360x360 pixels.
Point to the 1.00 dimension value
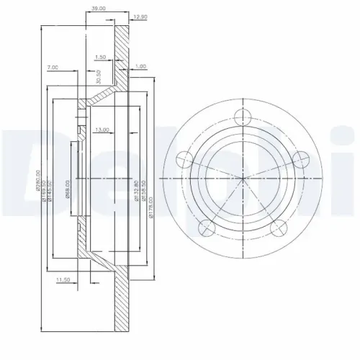(140, 66)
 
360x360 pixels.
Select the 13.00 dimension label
(102, 130)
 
